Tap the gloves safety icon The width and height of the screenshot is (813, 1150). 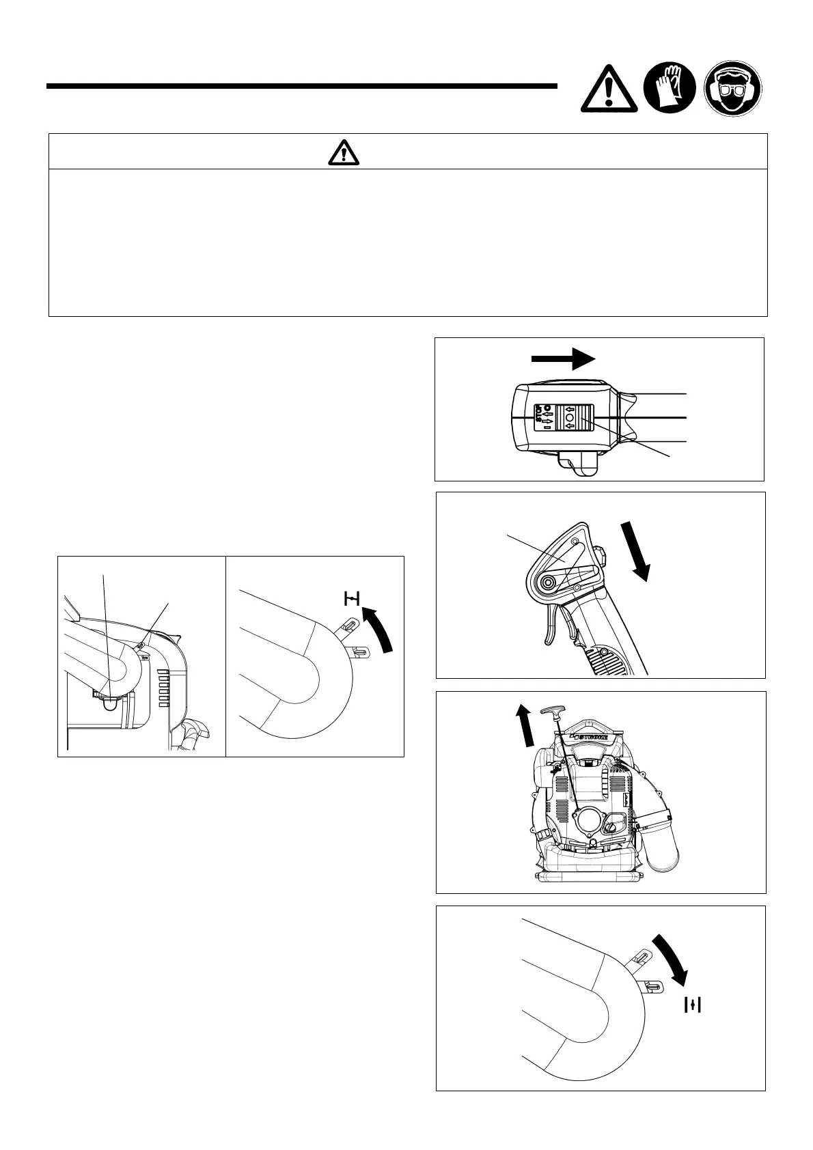(670, 88)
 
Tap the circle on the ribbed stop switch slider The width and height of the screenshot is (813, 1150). (569, 417)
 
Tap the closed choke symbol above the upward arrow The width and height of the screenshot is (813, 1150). (352, 600)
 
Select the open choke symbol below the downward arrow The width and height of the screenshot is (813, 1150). (693, 1004)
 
